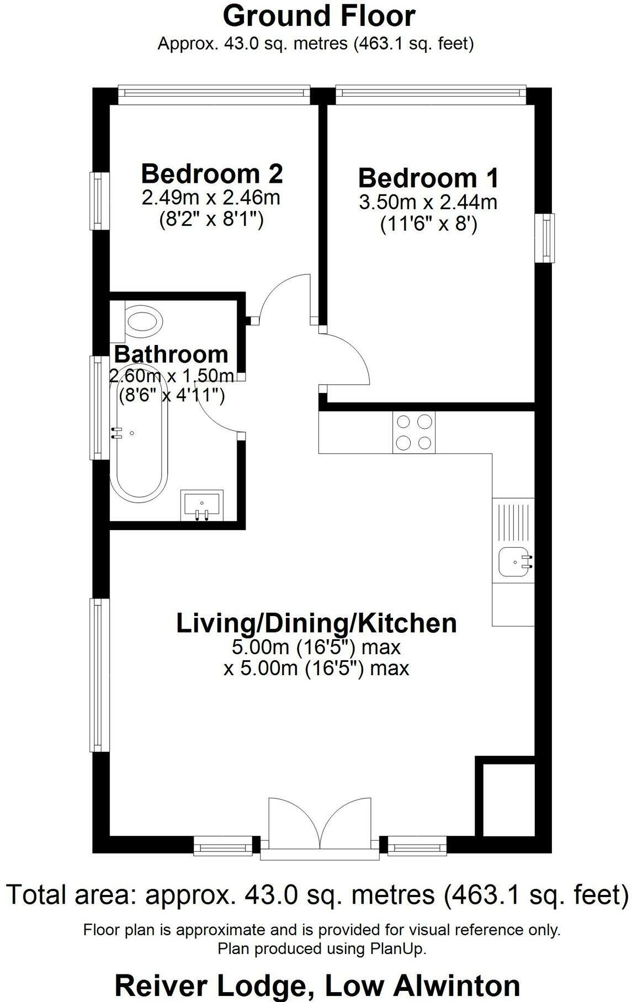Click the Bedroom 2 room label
point(212,173)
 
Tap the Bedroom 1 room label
point(428,178)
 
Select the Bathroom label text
point(171,354)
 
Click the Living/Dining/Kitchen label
point(316,623)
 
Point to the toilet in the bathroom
point(144,320)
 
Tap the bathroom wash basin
point(202,505)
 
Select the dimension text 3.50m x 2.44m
point(428,203)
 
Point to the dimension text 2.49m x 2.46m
point(211,198)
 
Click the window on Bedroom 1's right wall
point(546,238)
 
